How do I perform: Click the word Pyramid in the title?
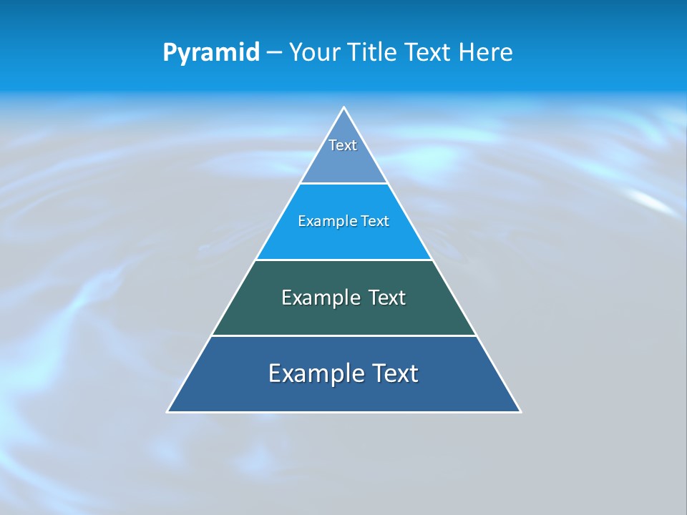click(211, 53)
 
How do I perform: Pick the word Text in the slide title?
click(429, 53)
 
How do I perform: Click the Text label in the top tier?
click(343, 145)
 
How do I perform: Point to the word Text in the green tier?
click(387, 298)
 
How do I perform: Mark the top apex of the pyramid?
click(343, 108)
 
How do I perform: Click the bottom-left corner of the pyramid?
click(168, 411)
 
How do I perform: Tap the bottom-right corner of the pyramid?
click(520, 411)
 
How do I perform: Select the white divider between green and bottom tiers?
click(343, 335)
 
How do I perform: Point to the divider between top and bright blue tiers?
click(343, 184)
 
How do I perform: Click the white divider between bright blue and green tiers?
click(343, 260)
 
